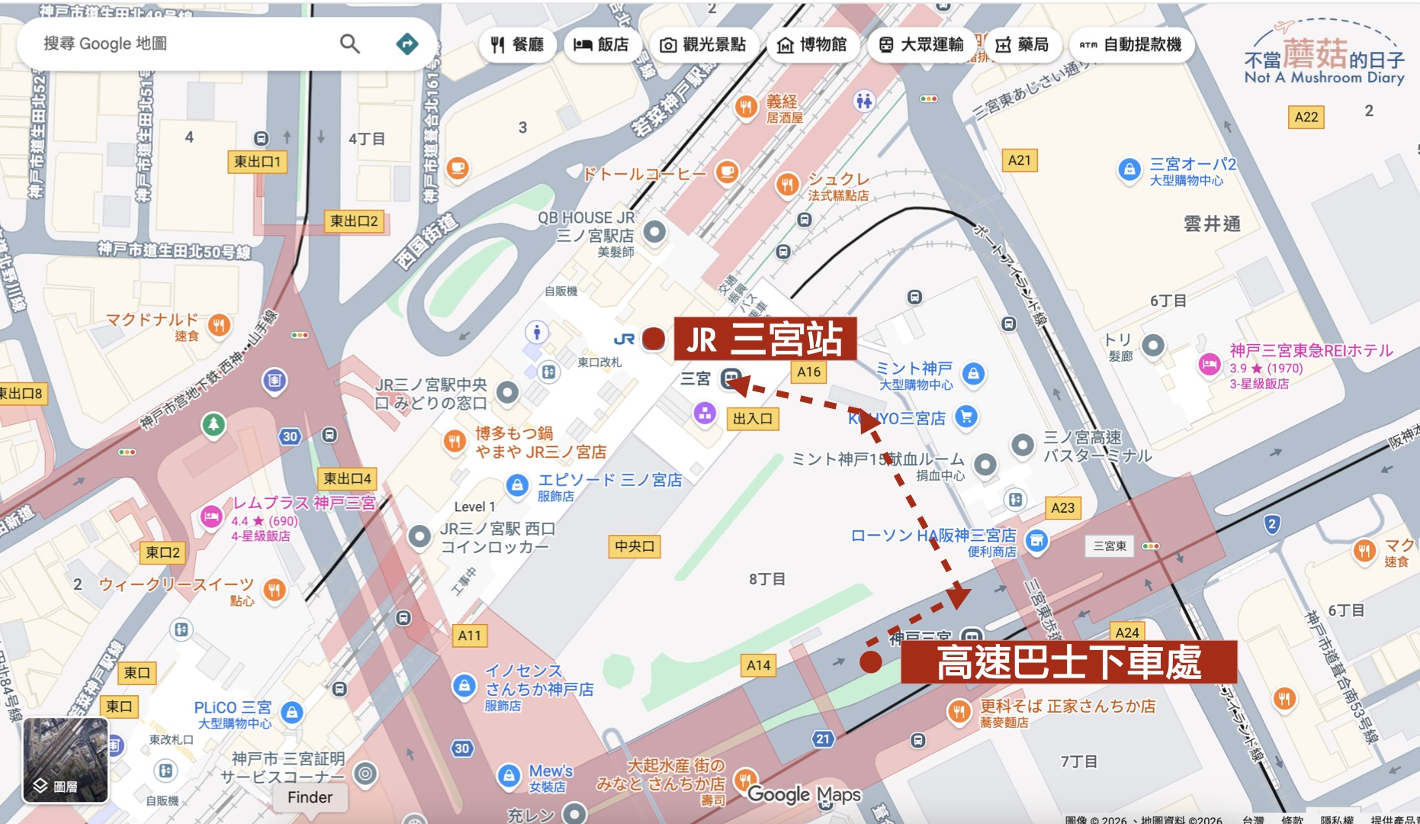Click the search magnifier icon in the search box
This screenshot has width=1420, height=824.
click(x=349, y=43)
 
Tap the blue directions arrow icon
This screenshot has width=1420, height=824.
click(x=407, y=43)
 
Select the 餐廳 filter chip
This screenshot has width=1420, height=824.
click(x=517, y=45)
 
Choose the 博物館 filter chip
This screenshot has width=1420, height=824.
click(x=811, y=45)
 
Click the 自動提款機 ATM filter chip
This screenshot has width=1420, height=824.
click(x=1131, y=45)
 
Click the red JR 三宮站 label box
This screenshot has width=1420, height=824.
click(x=765, y=339)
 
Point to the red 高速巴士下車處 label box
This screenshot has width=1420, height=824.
click(x=1068, y=661)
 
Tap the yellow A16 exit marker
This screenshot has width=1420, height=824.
click(x=808, y=372)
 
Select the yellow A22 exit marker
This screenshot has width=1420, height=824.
click(x=1306, y=117)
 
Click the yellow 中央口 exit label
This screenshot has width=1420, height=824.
click(x=635, y=546)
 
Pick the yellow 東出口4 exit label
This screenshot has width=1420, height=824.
click(x=347, y=478)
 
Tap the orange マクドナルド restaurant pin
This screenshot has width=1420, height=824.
click(x=219, y=325)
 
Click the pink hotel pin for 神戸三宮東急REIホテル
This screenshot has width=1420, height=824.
click(x=1210, y=364)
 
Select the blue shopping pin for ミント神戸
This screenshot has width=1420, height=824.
click(x=972, y=374)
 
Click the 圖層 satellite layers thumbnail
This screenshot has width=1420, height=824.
click(x=65, y=760)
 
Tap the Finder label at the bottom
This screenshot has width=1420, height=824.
click(x=310, y=797)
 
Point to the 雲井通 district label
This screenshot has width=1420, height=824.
click(x=1212, y=224)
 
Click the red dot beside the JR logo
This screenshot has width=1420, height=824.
click(x=654, y=338)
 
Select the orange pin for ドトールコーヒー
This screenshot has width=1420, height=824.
click(x=727, y=172)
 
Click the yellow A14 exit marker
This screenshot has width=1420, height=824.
click(x=758, y=665)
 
